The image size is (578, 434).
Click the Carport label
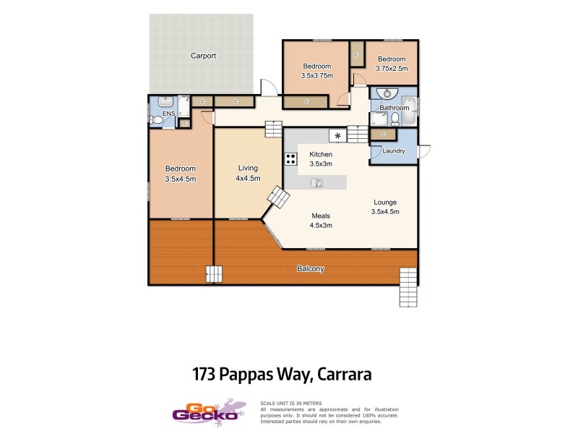[x=203, y=56]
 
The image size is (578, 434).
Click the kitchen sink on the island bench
[x=316, y=183]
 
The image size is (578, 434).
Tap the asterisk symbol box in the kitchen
[x=337, y=135]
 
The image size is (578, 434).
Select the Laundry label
[x=393, y=150]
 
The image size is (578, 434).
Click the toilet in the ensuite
[x=155, y=120]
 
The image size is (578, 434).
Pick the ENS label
[x=168, y=114]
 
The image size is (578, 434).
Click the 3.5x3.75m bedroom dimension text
[x=316, y=75]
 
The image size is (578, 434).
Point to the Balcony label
[x=310, y=269]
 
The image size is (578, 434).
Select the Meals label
[x=321, y=216]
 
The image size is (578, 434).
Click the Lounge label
[x=385, y=202]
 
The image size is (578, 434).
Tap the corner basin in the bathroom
[x=388, y=93]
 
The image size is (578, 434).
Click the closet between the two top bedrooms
[x=356, y=54]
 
